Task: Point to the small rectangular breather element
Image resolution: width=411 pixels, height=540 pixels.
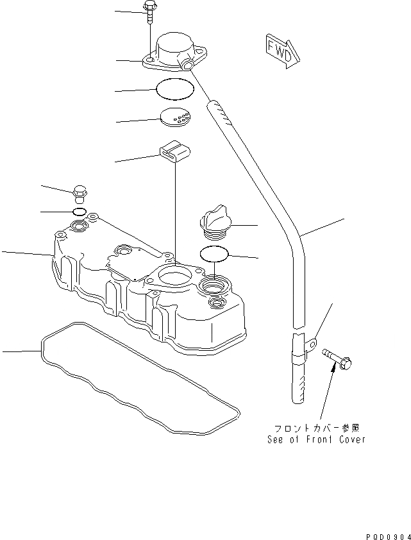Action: (173, 152)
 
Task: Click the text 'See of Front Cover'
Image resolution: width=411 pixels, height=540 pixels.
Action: (316, 440)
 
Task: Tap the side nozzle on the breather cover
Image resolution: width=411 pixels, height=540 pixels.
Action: (187, 65)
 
